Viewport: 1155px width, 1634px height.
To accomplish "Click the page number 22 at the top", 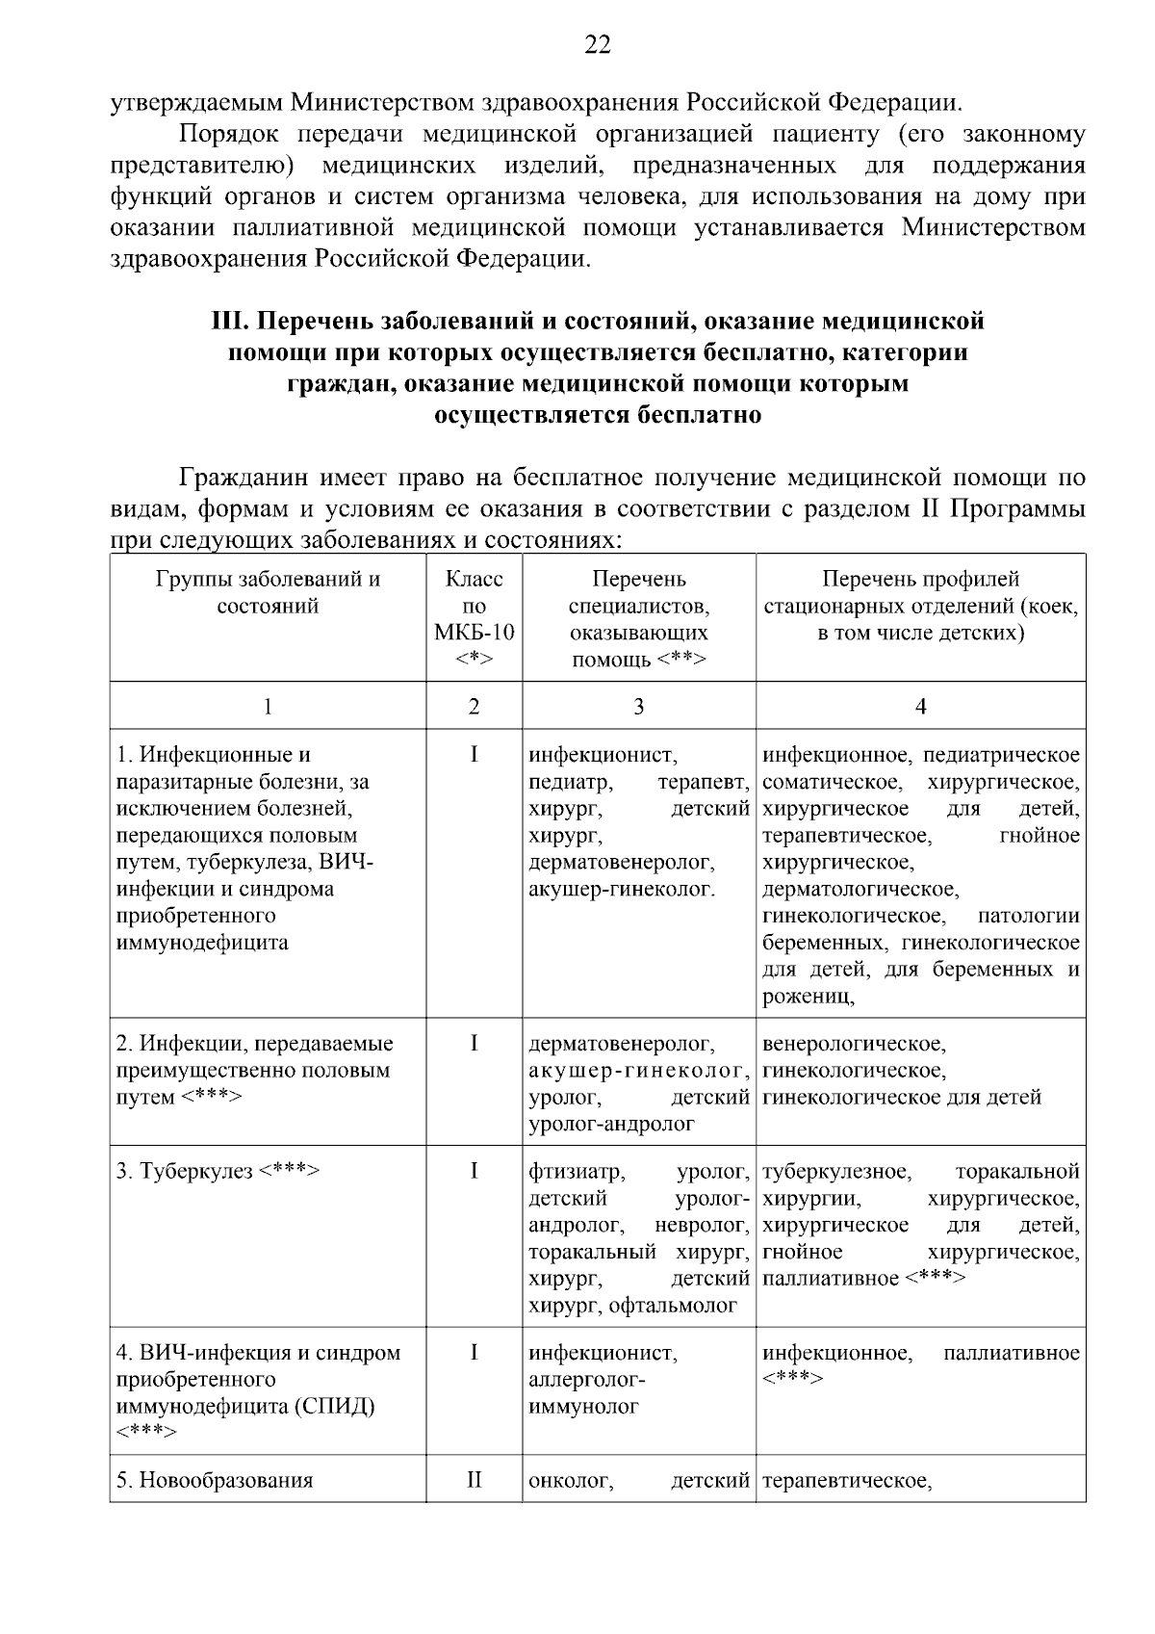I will [x=597, y=44].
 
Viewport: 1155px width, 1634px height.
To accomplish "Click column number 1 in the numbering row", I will [x=268, y=707].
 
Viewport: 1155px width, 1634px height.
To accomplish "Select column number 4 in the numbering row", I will [x=920, y=707].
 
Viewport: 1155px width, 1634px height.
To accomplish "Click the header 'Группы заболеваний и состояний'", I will [x=268, y=592].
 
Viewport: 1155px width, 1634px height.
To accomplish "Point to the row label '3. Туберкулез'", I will [x=217, y=1172].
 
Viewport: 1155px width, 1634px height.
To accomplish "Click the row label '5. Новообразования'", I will [x=215, y=1481].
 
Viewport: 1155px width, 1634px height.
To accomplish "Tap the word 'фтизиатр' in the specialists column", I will [x=576, y=1172].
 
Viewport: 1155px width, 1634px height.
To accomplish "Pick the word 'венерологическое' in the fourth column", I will [x=854, y=1044].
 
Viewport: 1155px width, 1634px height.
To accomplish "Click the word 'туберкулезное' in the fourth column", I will [x=835, y=1172].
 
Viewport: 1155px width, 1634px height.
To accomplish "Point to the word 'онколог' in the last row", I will [x=570, y=1481].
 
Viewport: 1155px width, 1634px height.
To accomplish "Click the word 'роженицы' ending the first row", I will [x=808, y=997].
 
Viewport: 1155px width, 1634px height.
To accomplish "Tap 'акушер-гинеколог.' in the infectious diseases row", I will [x=622, y=889].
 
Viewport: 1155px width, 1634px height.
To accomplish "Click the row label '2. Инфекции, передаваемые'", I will [x=254, y=1044].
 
